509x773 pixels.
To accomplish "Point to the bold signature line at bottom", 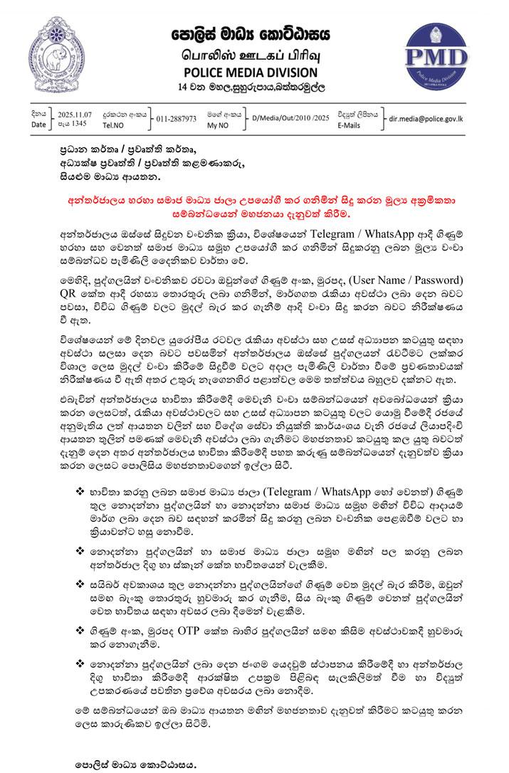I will pos(135,764).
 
